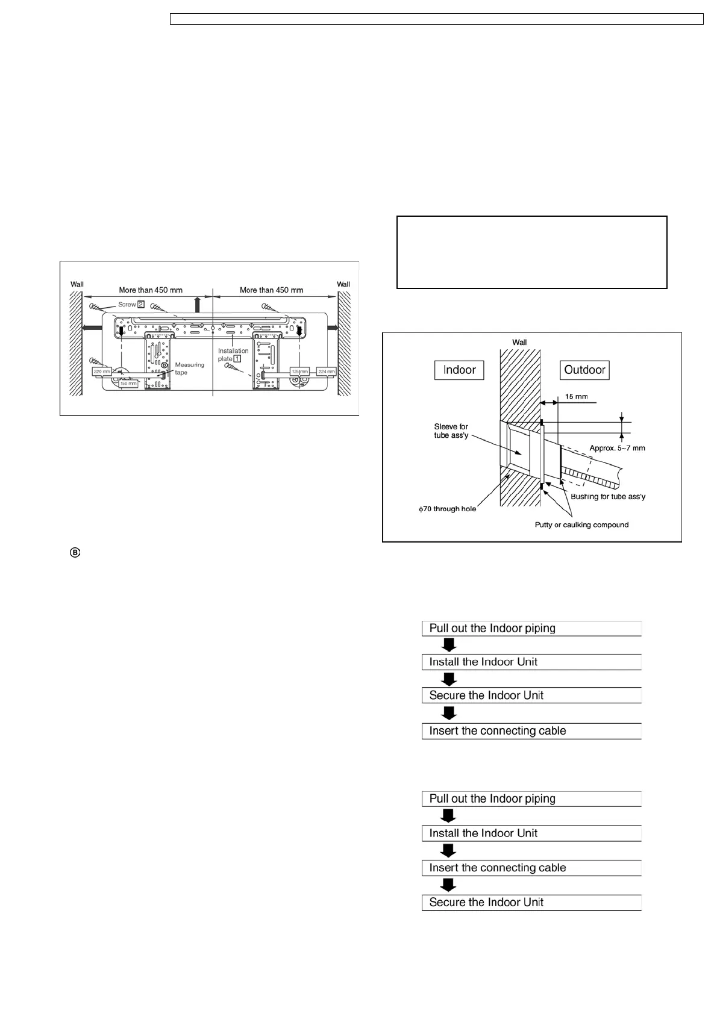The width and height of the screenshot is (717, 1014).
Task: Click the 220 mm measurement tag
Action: click(102, 372)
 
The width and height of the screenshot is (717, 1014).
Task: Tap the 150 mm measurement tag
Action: click(128, 383)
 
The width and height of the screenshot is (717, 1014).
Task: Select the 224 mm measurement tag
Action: click(326, 372)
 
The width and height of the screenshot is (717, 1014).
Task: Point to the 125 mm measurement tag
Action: click(299, 372)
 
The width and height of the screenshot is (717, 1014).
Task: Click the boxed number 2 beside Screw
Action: click(140, 304)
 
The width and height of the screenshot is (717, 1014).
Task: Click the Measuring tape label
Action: click(189, 369)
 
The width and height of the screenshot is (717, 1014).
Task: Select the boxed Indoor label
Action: click(459, 370)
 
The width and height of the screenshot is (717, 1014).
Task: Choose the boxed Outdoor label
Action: click(584, 370)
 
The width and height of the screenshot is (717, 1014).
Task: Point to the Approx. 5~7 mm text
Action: click(617, 448)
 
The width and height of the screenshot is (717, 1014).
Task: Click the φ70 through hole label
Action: click(448, 509)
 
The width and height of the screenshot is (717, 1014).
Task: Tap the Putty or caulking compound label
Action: click(581, 525)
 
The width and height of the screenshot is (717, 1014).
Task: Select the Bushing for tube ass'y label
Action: click(608, 497)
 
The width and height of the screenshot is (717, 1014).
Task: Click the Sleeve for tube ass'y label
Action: click(451, 431)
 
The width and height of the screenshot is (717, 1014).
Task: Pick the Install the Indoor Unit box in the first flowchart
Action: click(531, 662)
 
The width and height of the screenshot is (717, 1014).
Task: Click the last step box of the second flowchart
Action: click(531, 902)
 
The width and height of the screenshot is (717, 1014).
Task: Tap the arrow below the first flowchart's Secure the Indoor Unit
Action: click(449, 713)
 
